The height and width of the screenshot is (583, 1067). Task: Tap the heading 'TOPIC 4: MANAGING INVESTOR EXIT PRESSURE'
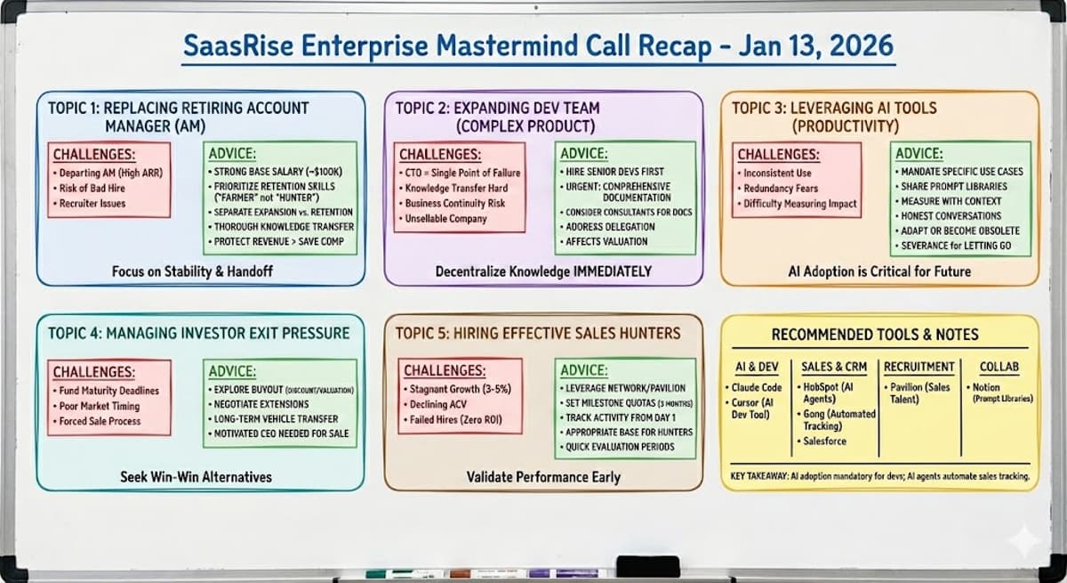(198, 334)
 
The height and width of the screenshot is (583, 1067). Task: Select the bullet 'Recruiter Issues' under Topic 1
(92, 203)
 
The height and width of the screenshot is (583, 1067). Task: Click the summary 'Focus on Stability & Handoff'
(192, 271)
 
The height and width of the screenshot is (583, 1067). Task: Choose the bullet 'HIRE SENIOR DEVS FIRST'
(615, 171)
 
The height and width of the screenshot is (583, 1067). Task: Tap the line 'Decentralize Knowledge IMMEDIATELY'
(543, 271)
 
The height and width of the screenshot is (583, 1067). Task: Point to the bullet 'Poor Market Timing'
(100, 406)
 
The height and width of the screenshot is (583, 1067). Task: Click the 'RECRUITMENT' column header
(920, 367)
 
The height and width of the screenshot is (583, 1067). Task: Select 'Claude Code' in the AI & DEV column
(757, 388)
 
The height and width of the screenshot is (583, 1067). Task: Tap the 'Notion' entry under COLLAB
(986, 387)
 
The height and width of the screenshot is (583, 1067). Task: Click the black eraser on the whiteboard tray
(646, 566)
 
